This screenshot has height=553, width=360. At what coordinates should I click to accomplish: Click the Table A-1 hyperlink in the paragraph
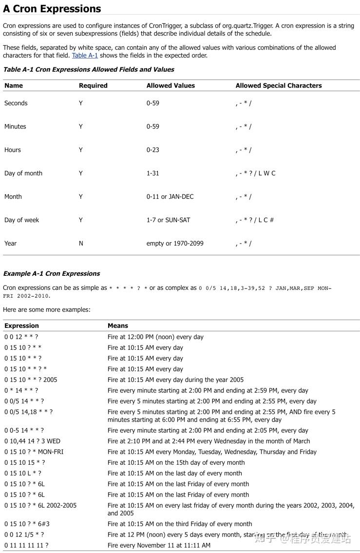coord(85,56)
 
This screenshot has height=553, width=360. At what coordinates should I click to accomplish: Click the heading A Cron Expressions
coord(52,9)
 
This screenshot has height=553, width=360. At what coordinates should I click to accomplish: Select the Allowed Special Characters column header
coord(279,85)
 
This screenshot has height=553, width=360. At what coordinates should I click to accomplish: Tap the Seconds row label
coord(16,103)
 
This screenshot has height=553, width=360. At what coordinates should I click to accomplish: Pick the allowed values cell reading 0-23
coord(153,150)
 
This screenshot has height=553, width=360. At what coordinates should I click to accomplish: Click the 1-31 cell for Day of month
coord(153,173)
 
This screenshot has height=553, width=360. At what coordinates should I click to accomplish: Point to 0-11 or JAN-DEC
coord(170,197)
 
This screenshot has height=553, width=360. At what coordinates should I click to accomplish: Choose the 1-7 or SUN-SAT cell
coord(169,220)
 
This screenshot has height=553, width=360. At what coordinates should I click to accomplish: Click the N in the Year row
coord(81,244)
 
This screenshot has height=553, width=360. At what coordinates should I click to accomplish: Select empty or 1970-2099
coord(175,244)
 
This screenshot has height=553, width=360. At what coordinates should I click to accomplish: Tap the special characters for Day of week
coord(255,220)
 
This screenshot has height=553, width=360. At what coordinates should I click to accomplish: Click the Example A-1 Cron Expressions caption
coord(52,274)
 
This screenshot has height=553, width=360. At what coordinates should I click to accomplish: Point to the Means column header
coord(118,325)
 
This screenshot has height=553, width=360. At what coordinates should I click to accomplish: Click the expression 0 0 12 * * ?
coord(21,337)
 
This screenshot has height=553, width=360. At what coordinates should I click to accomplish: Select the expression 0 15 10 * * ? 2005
coord(31,380)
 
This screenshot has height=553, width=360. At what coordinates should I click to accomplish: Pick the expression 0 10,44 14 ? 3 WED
coord(33,441)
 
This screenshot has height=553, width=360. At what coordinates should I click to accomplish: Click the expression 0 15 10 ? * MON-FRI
coord(34,452)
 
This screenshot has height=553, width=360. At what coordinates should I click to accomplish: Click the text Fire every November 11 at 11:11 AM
coord(159,546)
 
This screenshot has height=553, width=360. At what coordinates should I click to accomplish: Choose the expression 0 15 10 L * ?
coord(23,474)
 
